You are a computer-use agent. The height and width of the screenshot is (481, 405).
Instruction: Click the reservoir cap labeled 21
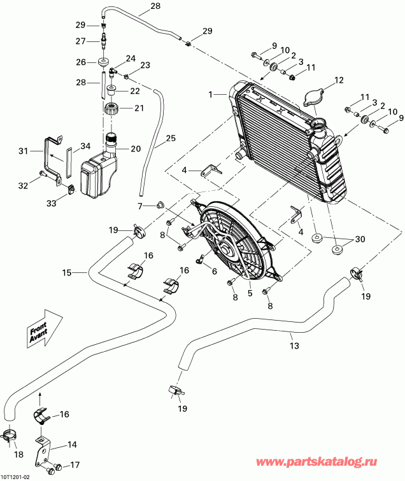(x=112, y=108)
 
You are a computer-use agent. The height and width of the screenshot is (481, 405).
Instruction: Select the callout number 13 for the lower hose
(x=294, y=346)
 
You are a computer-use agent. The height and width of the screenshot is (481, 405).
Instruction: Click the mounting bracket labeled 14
(x=46, y=448)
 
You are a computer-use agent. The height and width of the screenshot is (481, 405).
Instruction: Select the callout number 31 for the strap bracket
(x=23, y=151)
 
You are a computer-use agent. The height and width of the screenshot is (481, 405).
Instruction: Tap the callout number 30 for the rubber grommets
(x=360, y=239)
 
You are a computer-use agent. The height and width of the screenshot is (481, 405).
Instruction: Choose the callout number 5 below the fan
(x=250, y=293)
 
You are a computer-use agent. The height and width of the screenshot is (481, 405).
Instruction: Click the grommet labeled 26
(x=102, y=62)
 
